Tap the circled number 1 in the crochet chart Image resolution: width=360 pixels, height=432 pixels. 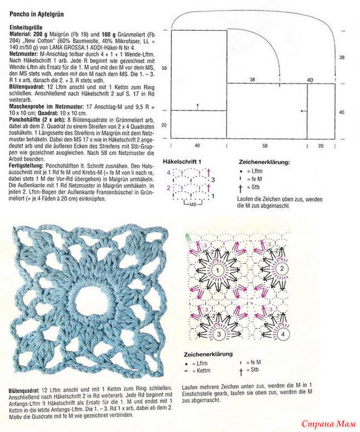point(217,270)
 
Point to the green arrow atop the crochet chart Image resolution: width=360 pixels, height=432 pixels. point(188,236)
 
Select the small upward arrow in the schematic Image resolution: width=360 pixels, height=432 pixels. point(199,105)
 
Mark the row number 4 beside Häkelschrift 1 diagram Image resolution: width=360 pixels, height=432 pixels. point(168,172)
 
